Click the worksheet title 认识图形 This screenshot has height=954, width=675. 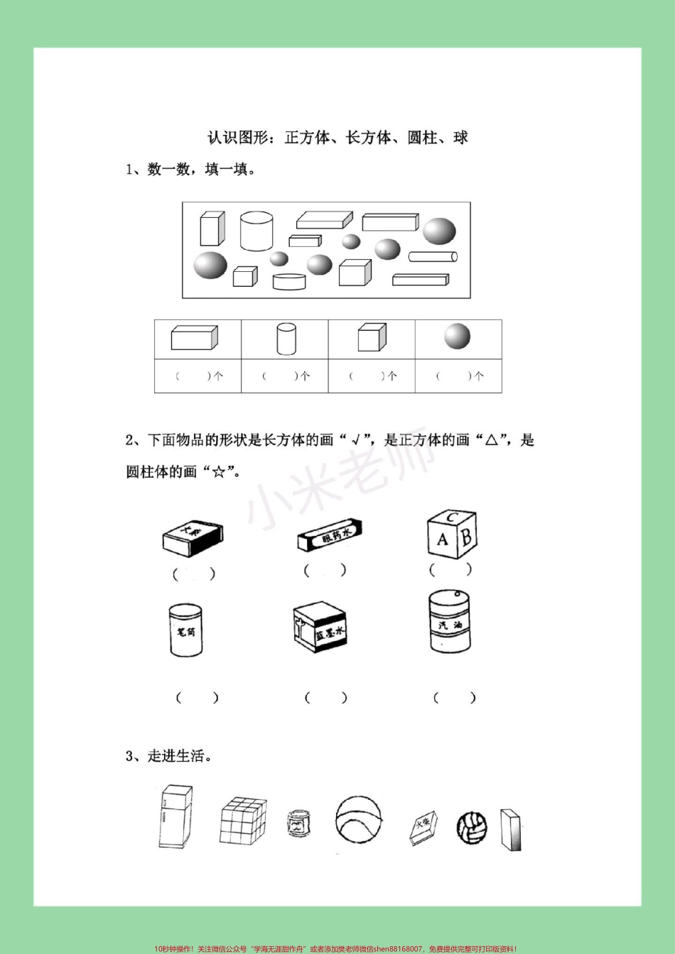click(337, 138)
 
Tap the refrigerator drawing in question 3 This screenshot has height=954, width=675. click(175, 817)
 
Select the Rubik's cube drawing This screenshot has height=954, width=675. click(243, 821)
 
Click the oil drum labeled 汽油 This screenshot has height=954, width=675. click(450, 623)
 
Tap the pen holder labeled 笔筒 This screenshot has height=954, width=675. click(185, 630)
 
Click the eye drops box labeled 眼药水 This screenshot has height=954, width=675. click(330, 534)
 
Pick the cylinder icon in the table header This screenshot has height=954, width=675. click(286, 338)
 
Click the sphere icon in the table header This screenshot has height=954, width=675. click(458, 336)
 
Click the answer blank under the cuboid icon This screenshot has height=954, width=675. click(198, 376)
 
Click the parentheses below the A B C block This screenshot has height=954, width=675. click(450, 569)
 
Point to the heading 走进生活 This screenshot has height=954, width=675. click(169, 756)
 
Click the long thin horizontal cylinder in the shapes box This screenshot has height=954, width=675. click(433, 256)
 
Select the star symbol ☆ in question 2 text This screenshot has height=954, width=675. click(218, 472)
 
